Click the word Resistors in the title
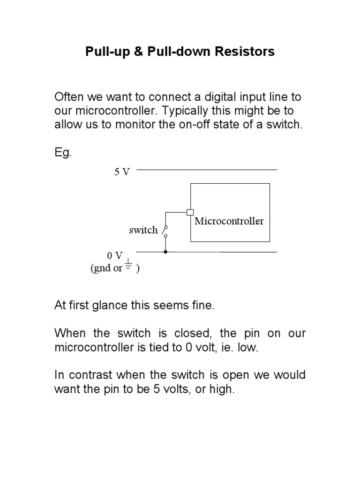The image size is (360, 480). tap(244, 52)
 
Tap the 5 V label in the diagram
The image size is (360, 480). tap(122, 172)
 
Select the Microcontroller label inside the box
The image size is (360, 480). tap(229, 221)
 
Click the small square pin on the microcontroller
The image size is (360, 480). tap(190, 212)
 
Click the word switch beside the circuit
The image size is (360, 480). tap(143, 230)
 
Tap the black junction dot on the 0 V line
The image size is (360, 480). tap(165, 252)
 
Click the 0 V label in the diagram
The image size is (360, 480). tap(115, 256)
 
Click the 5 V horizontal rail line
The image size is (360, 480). tap(206, 169)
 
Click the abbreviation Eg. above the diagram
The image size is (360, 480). tap(63, 153)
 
